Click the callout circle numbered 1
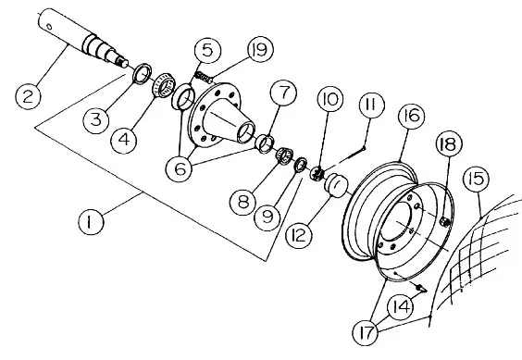click(x=91, y=222)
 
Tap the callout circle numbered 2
click(x=29, y=97)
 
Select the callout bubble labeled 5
click(x=207, y=51)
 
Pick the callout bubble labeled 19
click(x=260, y=49)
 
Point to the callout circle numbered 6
click(x=180, y=168)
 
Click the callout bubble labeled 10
click(x=330, y=99)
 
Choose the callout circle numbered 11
click(x=372, y=106)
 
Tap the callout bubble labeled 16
click(x=412, y=116)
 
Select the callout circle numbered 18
click(x=449, y=143)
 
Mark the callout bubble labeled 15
click(x=477, y=179)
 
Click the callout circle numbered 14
click(x=401, y=307)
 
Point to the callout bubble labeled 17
click(x=366, y=332)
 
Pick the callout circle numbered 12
click(x=299, y=236)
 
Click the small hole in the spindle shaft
click(x=49, y=26)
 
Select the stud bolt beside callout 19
click(x=204, y=77)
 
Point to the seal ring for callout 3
click(x=143, y=73)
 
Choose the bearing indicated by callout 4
click(x=163, y=85)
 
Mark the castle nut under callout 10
click(x=317, y=174)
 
